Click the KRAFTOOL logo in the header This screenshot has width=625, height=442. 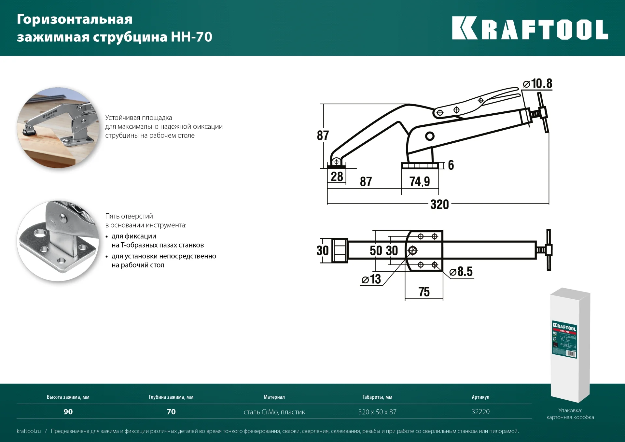point(530,29)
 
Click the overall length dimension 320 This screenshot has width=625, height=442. point(439,205)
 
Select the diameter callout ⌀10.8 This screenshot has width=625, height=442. point(538,84)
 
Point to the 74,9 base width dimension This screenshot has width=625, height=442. point(420,181)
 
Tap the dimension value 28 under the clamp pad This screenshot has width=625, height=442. point(337,177)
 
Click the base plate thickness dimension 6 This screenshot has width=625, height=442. point(451,165)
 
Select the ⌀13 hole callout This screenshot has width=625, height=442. point(371,279)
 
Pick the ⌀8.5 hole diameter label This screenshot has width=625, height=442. point(461,271)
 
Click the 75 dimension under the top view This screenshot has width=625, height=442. point(424,292)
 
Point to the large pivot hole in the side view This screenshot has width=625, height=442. point(430,136)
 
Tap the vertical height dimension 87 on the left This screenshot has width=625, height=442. point(323,135)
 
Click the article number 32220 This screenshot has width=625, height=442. point(480,412)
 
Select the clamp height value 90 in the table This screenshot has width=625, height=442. point(68,412)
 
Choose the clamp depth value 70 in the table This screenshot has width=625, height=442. point(171,412)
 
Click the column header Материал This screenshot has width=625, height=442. point(274,397)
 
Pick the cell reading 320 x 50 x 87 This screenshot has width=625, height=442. point(377,412)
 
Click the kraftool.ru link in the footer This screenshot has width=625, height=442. point(29,431)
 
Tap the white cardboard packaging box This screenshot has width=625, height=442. point(570,345)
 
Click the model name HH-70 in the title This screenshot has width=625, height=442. point(191,37)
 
